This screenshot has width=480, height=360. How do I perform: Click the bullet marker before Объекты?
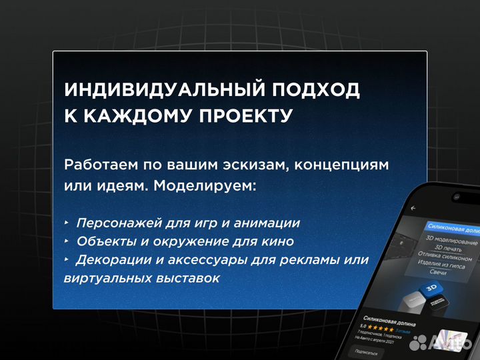[x=67, y=241]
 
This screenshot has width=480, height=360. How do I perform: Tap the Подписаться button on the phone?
[x=367, y=349]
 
